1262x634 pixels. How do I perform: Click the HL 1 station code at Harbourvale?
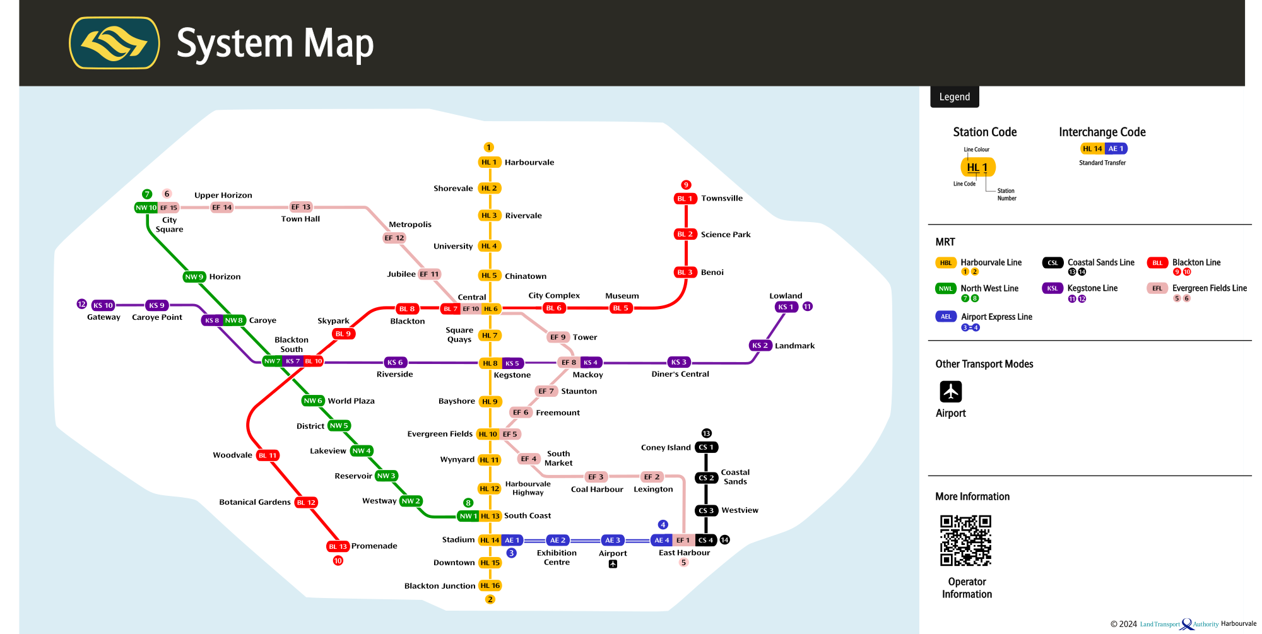(490, 162)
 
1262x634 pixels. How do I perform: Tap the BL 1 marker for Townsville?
(685, 199)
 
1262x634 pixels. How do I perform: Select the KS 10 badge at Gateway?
(103, 305)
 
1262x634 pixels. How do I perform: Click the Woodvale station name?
(232, 455)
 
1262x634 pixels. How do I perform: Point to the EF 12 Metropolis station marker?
(394, 238)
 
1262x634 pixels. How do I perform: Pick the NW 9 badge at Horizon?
(194, 277)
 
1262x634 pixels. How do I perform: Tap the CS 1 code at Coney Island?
(706, 447)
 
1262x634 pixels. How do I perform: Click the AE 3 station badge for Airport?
(613, 540)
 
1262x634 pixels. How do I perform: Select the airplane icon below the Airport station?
(613, 565)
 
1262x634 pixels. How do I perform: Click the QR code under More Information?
(965, 541)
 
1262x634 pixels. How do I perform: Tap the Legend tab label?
(954, 97)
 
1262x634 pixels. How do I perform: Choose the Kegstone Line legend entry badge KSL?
(1052, 288)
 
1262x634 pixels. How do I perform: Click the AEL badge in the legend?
(945, 317)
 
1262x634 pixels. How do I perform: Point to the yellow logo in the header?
(114, 43)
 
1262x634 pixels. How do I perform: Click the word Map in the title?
(339, 44)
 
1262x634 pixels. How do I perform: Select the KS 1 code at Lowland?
(786, 307)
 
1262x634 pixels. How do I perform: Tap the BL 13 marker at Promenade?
(338, 546)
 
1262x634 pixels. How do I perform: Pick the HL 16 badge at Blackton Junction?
(490, 586)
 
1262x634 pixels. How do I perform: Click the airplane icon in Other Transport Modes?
(950, 392)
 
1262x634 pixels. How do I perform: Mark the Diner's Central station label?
(680, 374)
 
